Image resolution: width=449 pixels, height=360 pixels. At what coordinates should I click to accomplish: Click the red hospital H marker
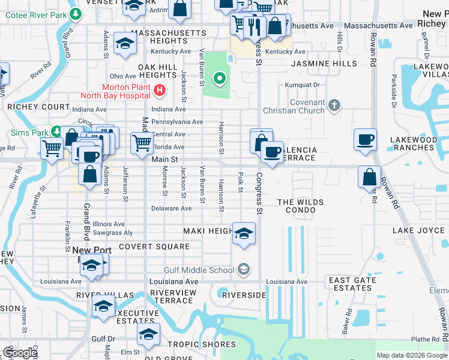point(160,91)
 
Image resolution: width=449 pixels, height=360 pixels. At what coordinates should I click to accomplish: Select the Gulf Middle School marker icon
point(244,269)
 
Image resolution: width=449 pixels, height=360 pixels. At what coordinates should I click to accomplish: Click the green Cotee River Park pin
point(75,13)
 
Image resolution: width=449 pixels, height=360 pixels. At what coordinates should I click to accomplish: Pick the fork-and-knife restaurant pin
point(255,25)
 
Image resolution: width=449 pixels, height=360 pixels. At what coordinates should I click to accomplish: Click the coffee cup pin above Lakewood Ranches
point(366,140)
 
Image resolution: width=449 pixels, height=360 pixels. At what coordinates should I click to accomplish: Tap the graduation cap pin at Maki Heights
point(244,233)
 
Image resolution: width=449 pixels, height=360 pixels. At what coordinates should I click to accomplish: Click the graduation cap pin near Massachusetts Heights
point(125,43)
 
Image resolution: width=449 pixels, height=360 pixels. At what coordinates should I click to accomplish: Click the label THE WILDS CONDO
point(300,206)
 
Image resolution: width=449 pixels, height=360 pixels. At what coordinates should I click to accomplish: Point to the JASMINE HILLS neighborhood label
point(316,63)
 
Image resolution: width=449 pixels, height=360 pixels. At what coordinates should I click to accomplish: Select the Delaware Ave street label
point(171,208)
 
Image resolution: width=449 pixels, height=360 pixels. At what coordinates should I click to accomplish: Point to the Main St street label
point(165,159)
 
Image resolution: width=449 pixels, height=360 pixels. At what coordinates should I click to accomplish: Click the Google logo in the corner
point(20,353)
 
